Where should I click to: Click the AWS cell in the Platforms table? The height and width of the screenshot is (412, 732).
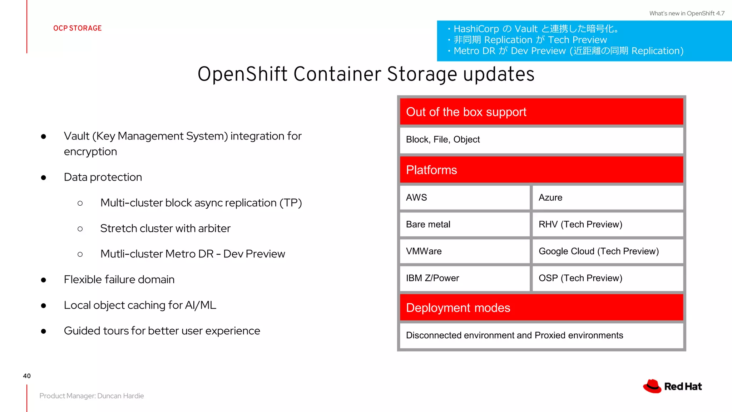[464, 197]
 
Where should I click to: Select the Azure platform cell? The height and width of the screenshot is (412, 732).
[607, 197]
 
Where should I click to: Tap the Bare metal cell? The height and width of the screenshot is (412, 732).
[464, 224]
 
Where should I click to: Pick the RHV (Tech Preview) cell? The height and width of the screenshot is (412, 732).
[607, 224]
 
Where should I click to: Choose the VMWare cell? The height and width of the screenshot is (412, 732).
[464, 251]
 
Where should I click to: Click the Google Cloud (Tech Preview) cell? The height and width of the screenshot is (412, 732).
[607, 251]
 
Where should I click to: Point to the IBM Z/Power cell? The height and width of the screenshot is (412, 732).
[464, 278]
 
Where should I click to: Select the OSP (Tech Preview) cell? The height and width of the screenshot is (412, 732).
[607, 278]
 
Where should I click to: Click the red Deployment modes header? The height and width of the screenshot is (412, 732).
[541, 308]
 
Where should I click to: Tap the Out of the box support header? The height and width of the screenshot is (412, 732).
[541, 112]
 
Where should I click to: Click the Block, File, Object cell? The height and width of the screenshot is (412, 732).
[541, 139]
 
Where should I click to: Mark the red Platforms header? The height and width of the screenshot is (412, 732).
[541, 170]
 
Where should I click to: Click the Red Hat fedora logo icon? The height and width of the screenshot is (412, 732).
[652, 386]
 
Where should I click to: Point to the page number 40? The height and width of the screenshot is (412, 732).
[27, 376]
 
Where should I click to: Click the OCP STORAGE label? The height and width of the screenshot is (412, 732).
[78, 28]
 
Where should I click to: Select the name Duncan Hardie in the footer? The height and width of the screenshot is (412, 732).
[120, 396]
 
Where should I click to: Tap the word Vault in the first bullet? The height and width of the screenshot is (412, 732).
[76, 136]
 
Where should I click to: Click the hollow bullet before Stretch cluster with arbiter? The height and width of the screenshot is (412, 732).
[80, 229]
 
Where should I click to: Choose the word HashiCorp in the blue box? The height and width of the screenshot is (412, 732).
[476, 29]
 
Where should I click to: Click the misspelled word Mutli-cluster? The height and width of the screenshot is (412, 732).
[132, 254]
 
